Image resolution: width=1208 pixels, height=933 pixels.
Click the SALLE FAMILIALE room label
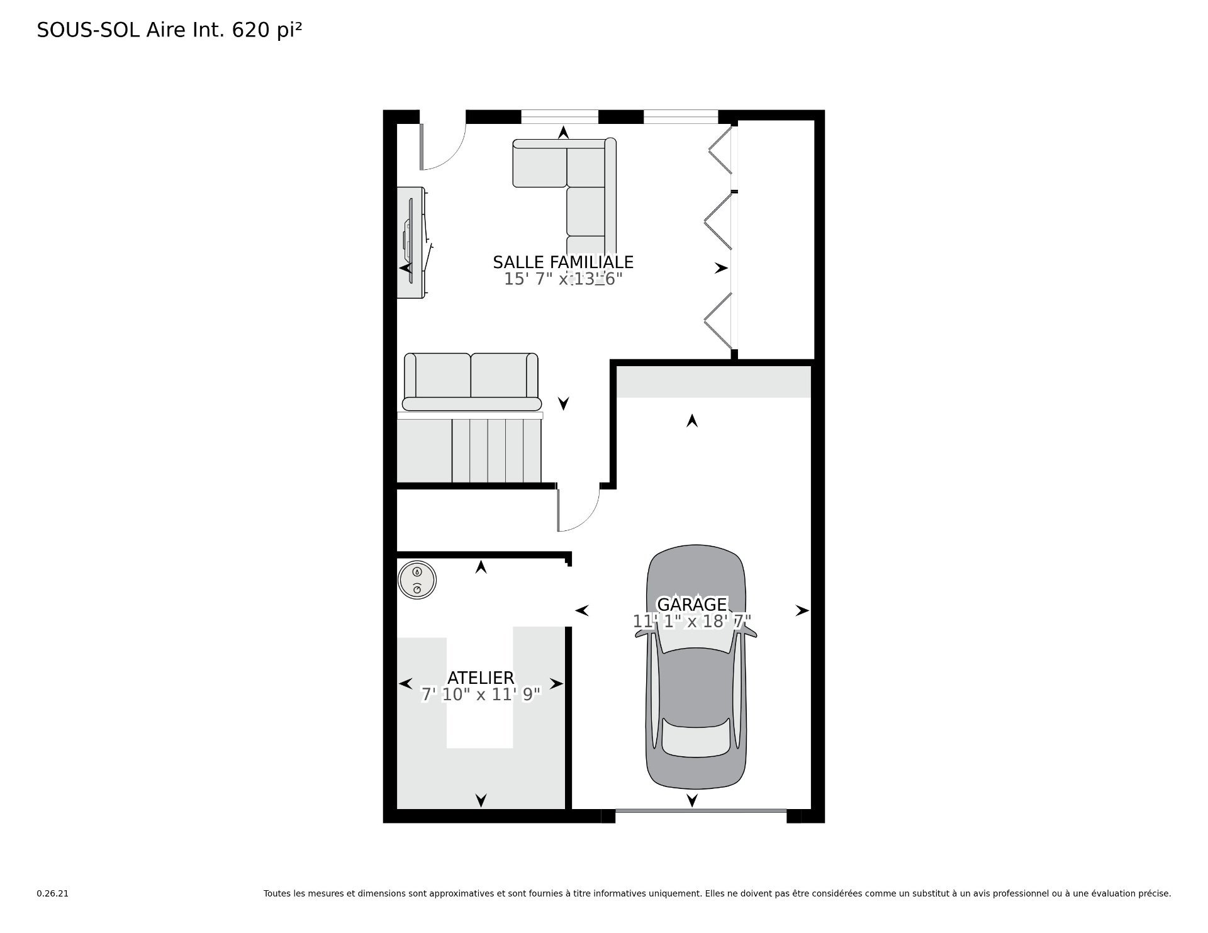click(563, 262)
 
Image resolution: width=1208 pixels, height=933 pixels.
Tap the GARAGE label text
click(692, 605)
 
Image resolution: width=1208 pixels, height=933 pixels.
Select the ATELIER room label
click(481, 678)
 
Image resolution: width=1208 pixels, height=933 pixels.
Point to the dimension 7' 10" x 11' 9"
click(481, 695)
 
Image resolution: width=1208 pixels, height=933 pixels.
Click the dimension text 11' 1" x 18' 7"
click(692, 622)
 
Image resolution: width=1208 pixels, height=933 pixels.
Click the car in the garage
click(695, 667)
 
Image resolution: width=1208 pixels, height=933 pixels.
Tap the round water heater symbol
click(417, 579)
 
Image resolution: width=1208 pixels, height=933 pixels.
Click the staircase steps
click(469, 450)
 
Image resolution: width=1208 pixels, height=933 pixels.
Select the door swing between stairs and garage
click(578, 510)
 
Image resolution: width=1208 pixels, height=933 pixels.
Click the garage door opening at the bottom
click(701, 812)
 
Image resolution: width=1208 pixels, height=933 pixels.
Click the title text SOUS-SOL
click(89, 30)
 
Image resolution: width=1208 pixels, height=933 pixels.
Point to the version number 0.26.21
click(52, 893)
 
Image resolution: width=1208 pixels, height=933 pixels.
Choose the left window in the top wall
click(559, 117)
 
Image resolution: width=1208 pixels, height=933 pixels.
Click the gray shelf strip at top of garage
click(713, 382)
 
